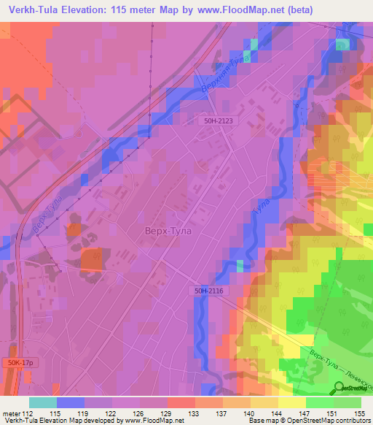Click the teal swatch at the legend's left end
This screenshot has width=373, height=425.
[43, 402]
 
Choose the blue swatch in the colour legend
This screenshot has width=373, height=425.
[71, 402]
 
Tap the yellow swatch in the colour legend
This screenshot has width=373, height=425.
[291, 402]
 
